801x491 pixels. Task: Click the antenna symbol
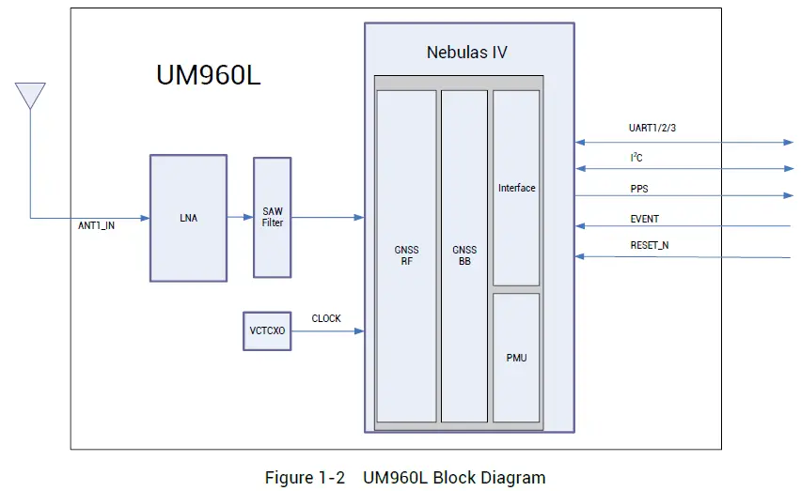pyautogui.click(x=30, y=95)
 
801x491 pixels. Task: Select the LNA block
pyautogui.click(x=188, y=218)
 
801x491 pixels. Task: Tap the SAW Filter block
pyautogui.click(x=272, y=217)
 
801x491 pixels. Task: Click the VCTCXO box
pyautogui.click(x=267, y=331)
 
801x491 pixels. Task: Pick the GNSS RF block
pyautogui.click(x=406, y=255)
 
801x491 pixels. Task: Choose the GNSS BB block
pyautogui.click(x=463, y=255)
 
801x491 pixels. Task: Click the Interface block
pyautogui.click(x=516, y=188)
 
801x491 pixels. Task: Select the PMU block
pyautogui.click(x=516, y=358)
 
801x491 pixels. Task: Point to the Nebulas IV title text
pyautogui.click(x=466, y=53)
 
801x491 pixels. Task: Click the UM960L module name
pyautogui.click(x=208, y=76)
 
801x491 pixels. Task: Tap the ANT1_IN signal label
pyautogui.click(x=96, y=226)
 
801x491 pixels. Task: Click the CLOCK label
pyautogui.click(x=326, y=318)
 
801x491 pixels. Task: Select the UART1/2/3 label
pyautogui.click(x=652, y=128)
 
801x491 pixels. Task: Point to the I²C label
pyautogui.click(x=636, y=158)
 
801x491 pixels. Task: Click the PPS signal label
pyautogui.click(x=639, y=189)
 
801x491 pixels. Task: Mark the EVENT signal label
pyautogui.click(x=644, y=219)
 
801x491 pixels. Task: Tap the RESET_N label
pyautogui.click(x=650, y=246)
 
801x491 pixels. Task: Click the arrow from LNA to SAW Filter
pyautogui.click(x=240, y=218)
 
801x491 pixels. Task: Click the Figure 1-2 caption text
pyautogui.click(x=404, y=478)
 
